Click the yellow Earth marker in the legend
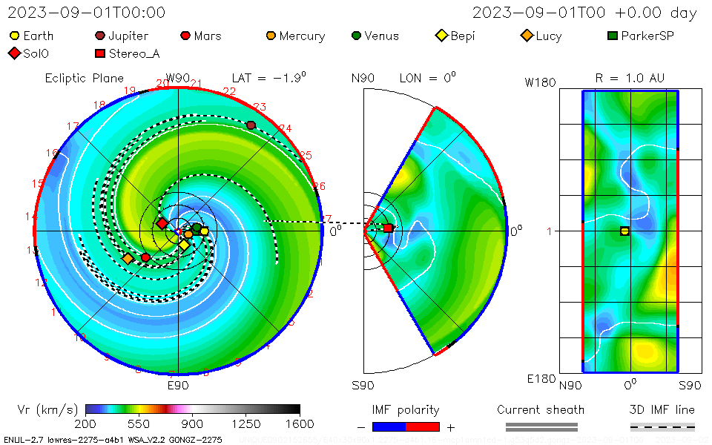[x=15, y=36]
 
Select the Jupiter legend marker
[x=100, y=36]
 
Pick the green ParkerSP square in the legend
[x=612, y=36]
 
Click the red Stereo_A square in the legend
[x=100, y=53]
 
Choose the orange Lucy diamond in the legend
[x=527, y=36]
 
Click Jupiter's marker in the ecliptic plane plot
[x=251, y=125]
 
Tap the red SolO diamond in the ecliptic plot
[x=162, y=223]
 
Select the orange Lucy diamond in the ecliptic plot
[x=128, y=258]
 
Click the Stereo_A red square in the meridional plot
[x=388, y=228]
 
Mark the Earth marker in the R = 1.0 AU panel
[x=624, y=231]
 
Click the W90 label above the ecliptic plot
[x=178, y=78]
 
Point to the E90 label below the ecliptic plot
[x=178, y=386]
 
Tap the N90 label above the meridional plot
[x=363, y=78]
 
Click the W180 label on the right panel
[x=540, y=82]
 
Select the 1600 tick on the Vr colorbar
[x=300, y=423]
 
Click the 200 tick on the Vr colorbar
[x=86, y=423]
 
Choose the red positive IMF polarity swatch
[x=423, y=426]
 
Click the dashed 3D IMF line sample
[x=662, y=426]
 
